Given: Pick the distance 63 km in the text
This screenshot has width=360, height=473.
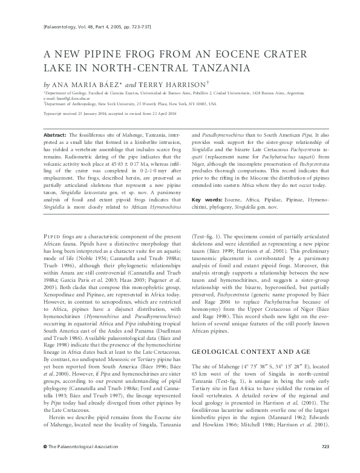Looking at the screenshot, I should click(198, 375).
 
